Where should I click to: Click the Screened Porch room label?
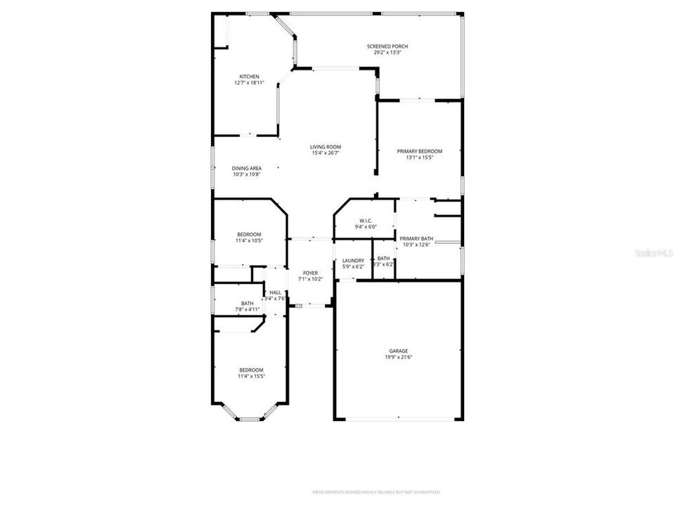tap(387, 46)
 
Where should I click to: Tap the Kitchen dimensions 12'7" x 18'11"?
tap(249, 83)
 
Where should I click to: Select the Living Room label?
tap(326, 147)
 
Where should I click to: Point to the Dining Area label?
tap(247, 168)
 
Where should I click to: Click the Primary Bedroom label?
tap(419, 151)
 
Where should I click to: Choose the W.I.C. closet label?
tap(365, 221)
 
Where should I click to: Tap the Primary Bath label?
tap(416, 238)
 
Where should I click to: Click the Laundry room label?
tap(352, 260)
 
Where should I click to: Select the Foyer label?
tap(310, 273)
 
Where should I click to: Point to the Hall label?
tap(275, 292)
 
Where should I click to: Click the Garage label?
tap(399, 351)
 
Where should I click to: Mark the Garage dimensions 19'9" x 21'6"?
tap(399, 357)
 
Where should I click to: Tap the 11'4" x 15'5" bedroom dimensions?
tap(251, 376)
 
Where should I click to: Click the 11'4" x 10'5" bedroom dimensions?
tap(249, 240)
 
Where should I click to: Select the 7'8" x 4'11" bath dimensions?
tap(247, 309)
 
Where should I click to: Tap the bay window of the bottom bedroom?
tap(250, 419)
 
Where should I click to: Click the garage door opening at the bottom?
tap(398, 420)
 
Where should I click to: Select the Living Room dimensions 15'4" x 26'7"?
tap(326, 153)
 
